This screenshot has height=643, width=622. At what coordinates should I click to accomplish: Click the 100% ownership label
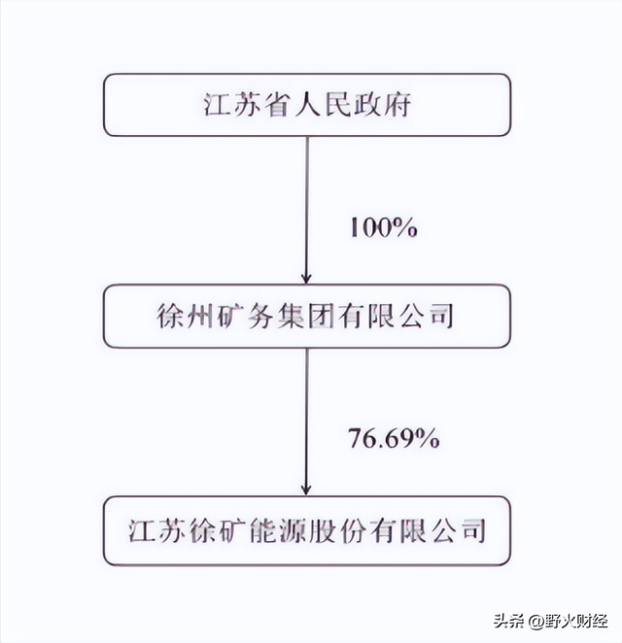click(x=384, y=227)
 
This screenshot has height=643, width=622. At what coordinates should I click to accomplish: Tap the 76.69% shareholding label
click(x=394, y=438)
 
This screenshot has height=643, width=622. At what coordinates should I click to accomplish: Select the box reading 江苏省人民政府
click(x=307, y=105)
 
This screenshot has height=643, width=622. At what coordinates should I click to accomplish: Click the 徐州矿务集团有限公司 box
click(x=307, y=317)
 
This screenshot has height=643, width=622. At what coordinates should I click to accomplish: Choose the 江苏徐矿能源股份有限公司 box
click(x=307, y=531)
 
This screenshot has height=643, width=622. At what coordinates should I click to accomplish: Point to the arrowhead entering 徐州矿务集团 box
click(x=306, y=279)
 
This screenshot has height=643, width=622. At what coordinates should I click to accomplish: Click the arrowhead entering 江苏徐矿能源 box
click(x=306, y=491)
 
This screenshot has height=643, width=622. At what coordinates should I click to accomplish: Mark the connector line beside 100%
click(x=306, y=210)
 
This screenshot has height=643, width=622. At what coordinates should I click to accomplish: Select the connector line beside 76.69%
click(x=306, y=422)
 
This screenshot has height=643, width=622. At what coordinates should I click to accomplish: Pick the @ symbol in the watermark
click(x=536, y=622)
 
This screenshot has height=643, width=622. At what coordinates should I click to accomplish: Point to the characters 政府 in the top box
click(x=382, y=105)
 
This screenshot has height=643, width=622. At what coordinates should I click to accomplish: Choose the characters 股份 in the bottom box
click(x=338, y=531)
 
